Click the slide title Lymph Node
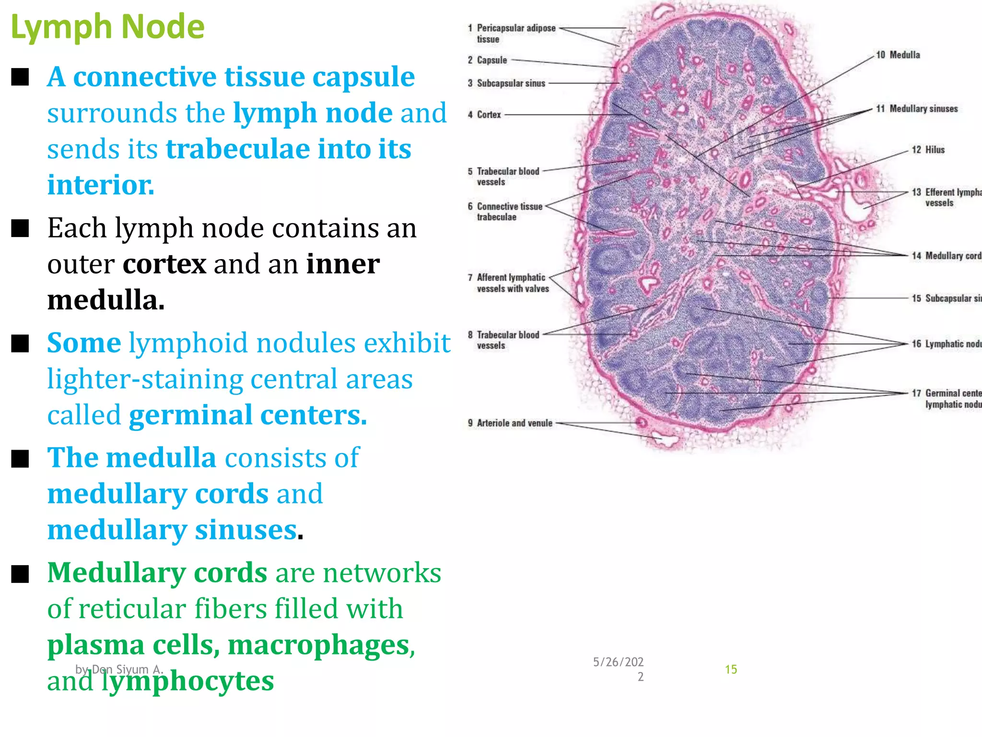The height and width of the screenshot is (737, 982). [x=107, y=27]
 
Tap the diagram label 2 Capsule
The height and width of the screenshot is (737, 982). [x=488, y=60]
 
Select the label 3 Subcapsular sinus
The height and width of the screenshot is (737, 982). [x=507, y=83]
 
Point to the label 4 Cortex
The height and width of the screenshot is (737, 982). [x=485, y=115]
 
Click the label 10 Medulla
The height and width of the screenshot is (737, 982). [x=898, y=55]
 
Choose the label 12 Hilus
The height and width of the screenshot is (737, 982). [x=928, y=150]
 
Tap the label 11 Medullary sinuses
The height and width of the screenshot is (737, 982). [x=917, y=109]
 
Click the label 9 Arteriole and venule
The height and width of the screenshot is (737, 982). [x=510, y=423]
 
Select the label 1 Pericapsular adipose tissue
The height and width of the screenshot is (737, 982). [x=512, y=34]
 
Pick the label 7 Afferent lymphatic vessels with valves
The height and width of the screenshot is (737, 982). [x=509, y=283]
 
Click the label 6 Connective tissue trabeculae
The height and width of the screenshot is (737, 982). [x=505, y=212]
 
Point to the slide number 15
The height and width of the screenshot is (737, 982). [x=731, y=669]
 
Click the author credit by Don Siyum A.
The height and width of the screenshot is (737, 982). [x=119, y=669]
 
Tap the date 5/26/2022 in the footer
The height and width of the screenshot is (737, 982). [x=618, y=669]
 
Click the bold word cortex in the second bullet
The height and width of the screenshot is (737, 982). [x=164, y=264]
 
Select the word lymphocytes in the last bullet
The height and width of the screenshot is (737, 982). [x=187, y=681]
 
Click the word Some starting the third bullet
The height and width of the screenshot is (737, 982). [x=84, y=343]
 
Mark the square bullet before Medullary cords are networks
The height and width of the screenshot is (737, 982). [x=20, y=573]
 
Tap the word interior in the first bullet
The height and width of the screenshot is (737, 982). [x=101, y=185]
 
